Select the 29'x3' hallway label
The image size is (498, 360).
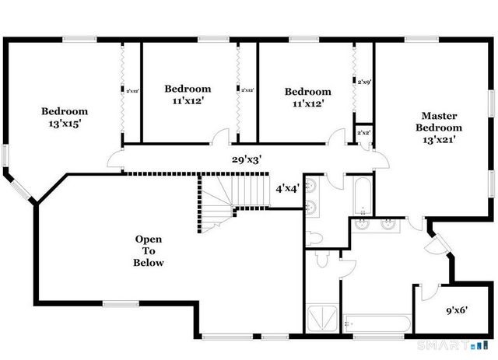click(246, 159)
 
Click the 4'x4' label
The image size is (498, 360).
click(288, 188)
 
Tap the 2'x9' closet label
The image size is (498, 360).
click(363, 81)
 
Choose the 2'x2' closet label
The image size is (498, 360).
click(363, 133)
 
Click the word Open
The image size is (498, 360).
click(148, 239)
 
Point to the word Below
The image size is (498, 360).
click(148, 263)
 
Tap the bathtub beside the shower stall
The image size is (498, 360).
click(376, 321)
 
